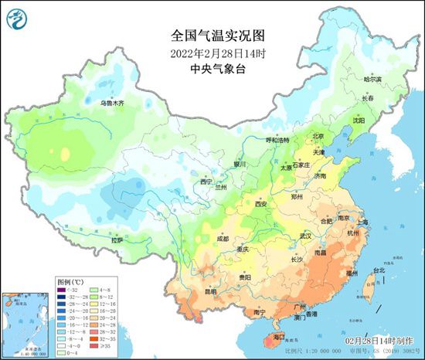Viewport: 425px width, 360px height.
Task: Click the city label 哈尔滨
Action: click(372, 80)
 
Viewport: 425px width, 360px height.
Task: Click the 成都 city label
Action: click(223, 239)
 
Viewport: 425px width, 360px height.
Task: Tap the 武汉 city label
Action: click(306, 236)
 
